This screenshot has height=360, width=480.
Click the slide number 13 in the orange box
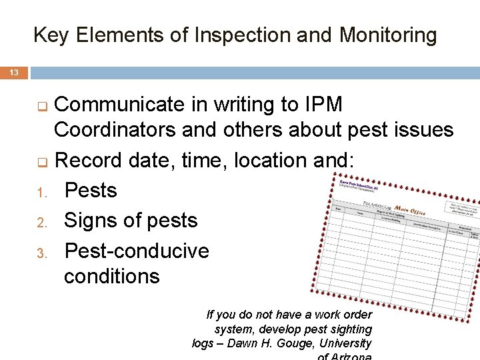point(14,72)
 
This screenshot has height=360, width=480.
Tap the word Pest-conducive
point(136,251)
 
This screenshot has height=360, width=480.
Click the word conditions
point(111,276)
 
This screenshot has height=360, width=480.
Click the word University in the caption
point(345,343)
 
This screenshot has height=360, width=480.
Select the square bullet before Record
point(41,161)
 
